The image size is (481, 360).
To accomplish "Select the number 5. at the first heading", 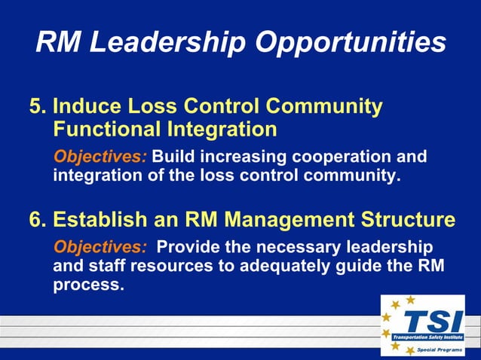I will coord(38,106).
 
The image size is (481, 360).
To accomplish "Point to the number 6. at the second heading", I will coord(38,219).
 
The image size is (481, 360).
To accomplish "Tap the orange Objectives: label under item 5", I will coord(100,157).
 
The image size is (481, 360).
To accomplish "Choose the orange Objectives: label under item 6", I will coord(100,247).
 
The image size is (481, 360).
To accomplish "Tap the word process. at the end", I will coord(88,286).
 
